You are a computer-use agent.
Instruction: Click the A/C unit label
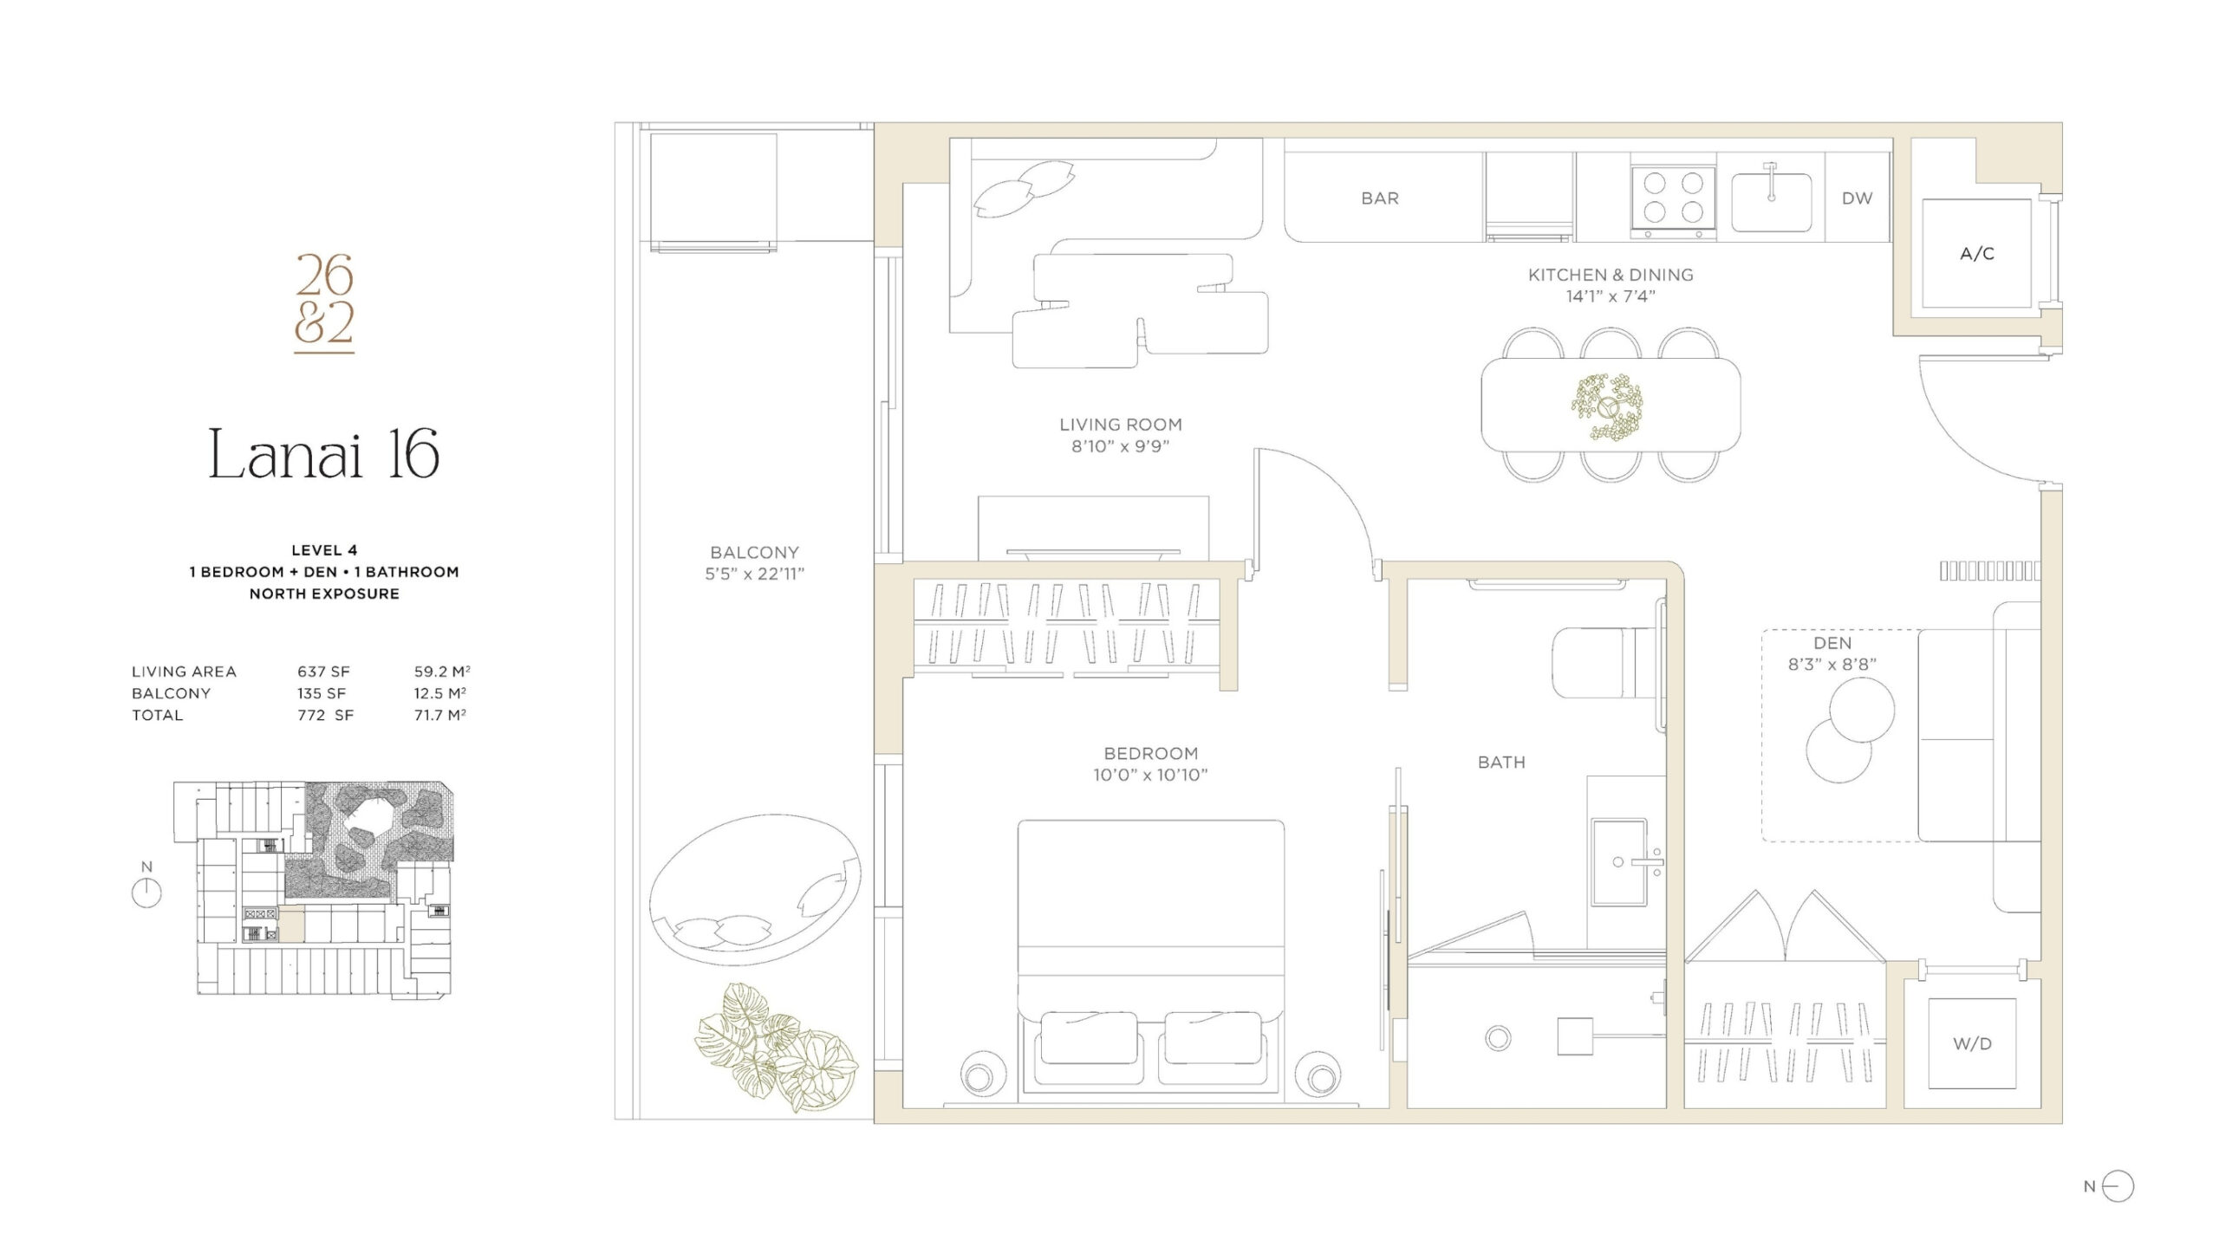coord(1977,254)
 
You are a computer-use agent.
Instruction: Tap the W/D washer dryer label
coord(1972,1044)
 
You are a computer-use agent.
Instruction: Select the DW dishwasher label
coord(1857,198)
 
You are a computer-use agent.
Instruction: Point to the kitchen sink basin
coord(1772,203)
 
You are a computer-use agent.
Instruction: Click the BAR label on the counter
coord(1380,198)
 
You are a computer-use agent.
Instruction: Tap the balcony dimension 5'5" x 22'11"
coord(754,574)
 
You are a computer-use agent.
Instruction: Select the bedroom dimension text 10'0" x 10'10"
coord(1150,775)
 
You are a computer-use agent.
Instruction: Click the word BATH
coord(1501,763)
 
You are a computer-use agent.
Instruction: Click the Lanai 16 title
coord(324,454)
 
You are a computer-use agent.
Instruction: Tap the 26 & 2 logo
coord(324,302)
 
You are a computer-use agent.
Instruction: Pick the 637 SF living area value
coord(323,672)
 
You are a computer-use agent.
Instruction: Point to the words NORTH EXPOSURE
coord(324,594)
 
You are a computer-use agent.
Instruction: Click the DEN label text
coord(1832,643)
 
